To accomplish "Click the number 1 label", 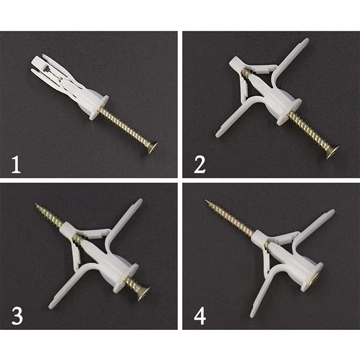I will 16,164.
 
